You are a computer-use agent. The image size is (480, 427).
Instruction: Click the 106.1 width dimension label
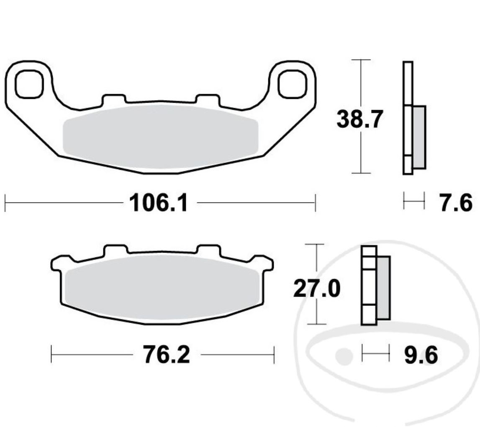pyautogui.click(x=159, y=204)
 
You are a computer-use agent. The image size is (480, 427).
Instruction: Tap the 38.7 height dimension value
pyautogui.click(x=359, y=120)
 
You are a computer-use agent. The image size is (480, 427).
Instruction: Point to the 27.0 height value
pyautogui.click(x=316, y=289)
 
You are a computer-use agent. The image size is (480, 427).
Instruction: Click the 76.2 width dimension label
pyautogui.click(x=166, y=355)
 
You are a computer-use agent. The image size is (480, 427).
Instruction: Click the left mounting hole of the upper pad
pyautogui.click(x=29, y=84)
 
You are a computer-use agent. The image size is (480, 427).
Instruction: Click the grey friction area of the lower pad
pyautogui.click(x=162, y=289)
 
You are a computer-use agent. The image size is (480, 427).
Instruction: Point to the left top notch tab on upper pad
pyautogui.click(x=113, y=99)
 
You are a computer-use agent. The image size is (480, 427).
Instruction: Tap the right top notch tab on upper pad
pyautogui.click(x=208, y=99)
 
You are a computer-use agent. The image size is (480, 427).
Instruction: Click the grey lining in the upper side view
pyautogui.click(x=419, y=137)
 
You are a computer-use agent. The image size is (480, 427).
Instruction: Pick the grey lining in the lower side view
pyautogui.click(x=383, y=288)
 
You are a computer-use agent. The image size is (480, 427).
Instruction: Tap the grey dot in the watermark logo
pyautogui.click(x=344, y=356)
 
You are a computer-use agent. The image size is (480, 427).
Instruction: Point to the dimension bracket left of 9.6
pyautogui.click(x=375, y=353)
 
